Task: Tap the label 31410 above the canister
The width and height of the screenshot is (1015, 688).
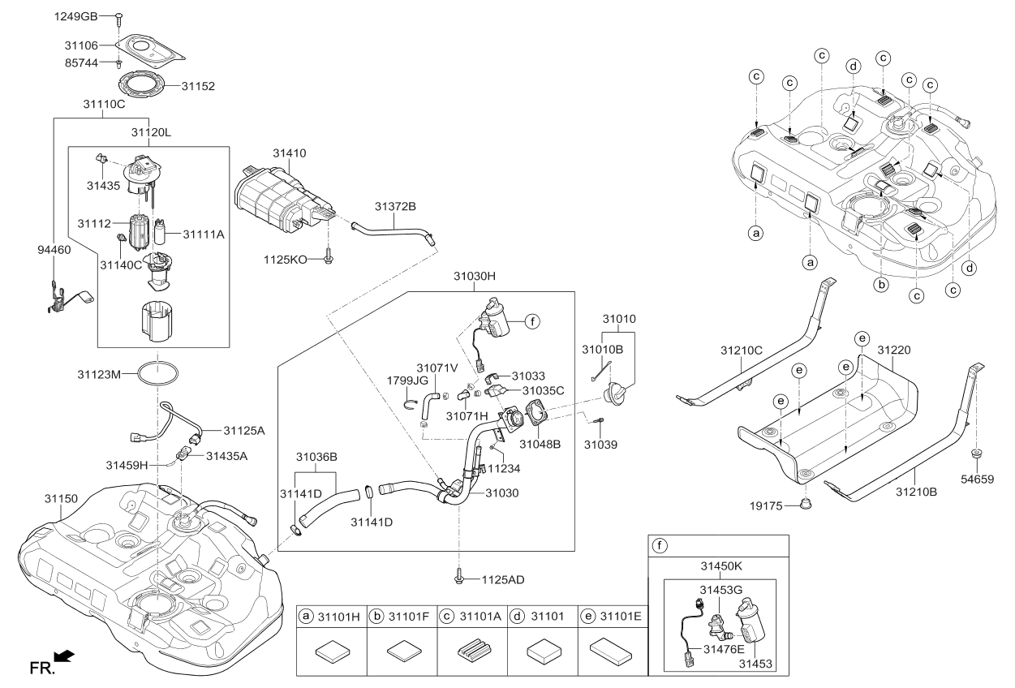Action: click(x=289, y=153)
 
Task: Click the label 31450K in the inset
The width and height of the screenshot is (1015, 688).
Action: click(x=720, y=564)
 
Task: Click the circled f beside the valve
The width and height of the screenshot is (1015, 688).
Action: click(x=531, y=321)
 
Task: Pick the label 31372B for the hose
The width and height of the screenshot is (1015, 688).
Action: click(x=395, y=208)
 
